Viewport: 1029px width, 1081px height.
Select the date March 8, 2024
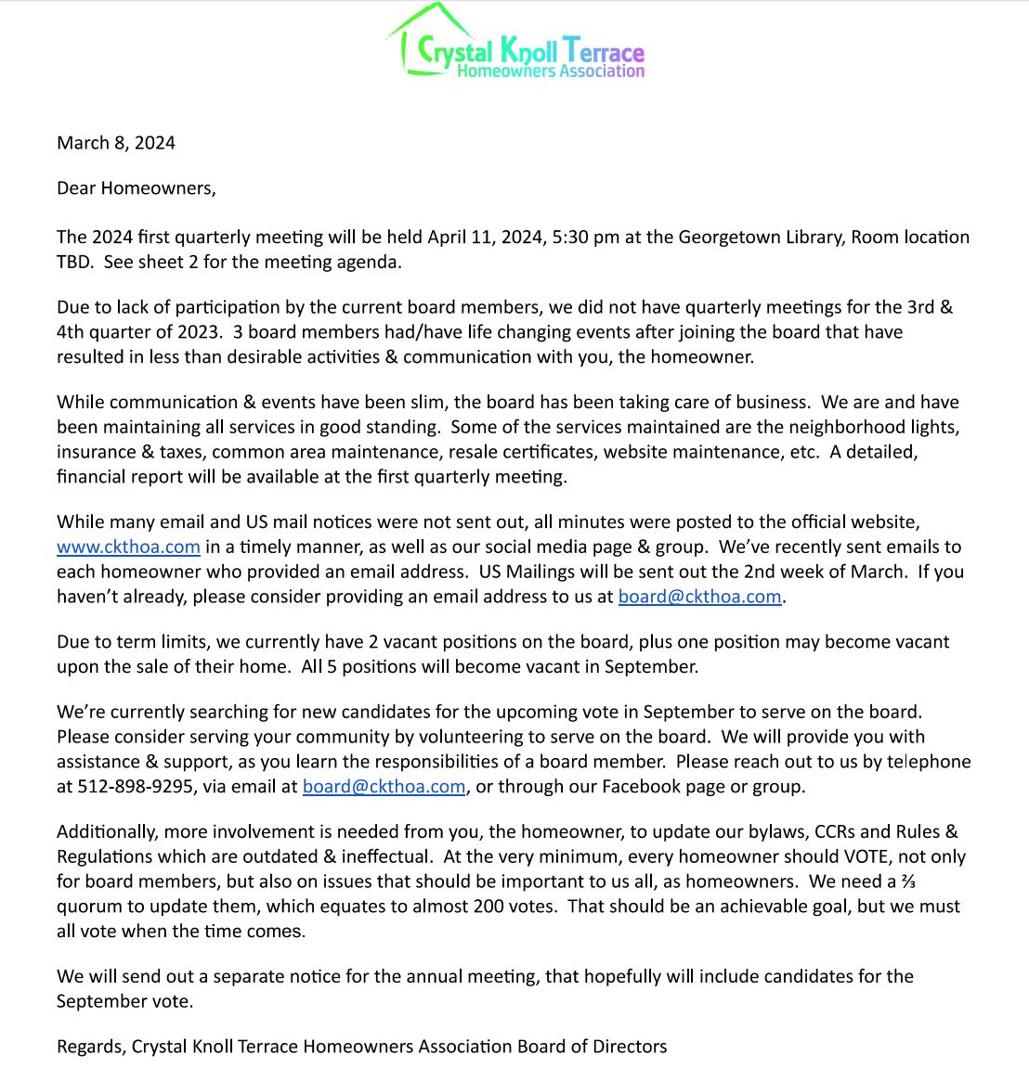click(116, 143)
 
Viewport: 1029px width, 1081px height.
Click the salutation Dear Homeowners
click(136, 188)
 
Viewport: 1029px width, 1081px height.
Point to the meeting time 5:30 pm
click(585, 238)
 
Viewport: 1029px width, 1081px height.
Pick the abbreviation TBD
click(74, 263)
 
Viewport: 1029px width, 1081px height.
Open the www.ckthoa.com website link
click(128, 547)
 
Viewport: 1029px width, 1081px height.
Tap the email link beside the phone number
click(384, 787)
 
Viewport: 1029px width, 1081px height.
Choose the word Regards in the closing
click(89, 1048)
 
